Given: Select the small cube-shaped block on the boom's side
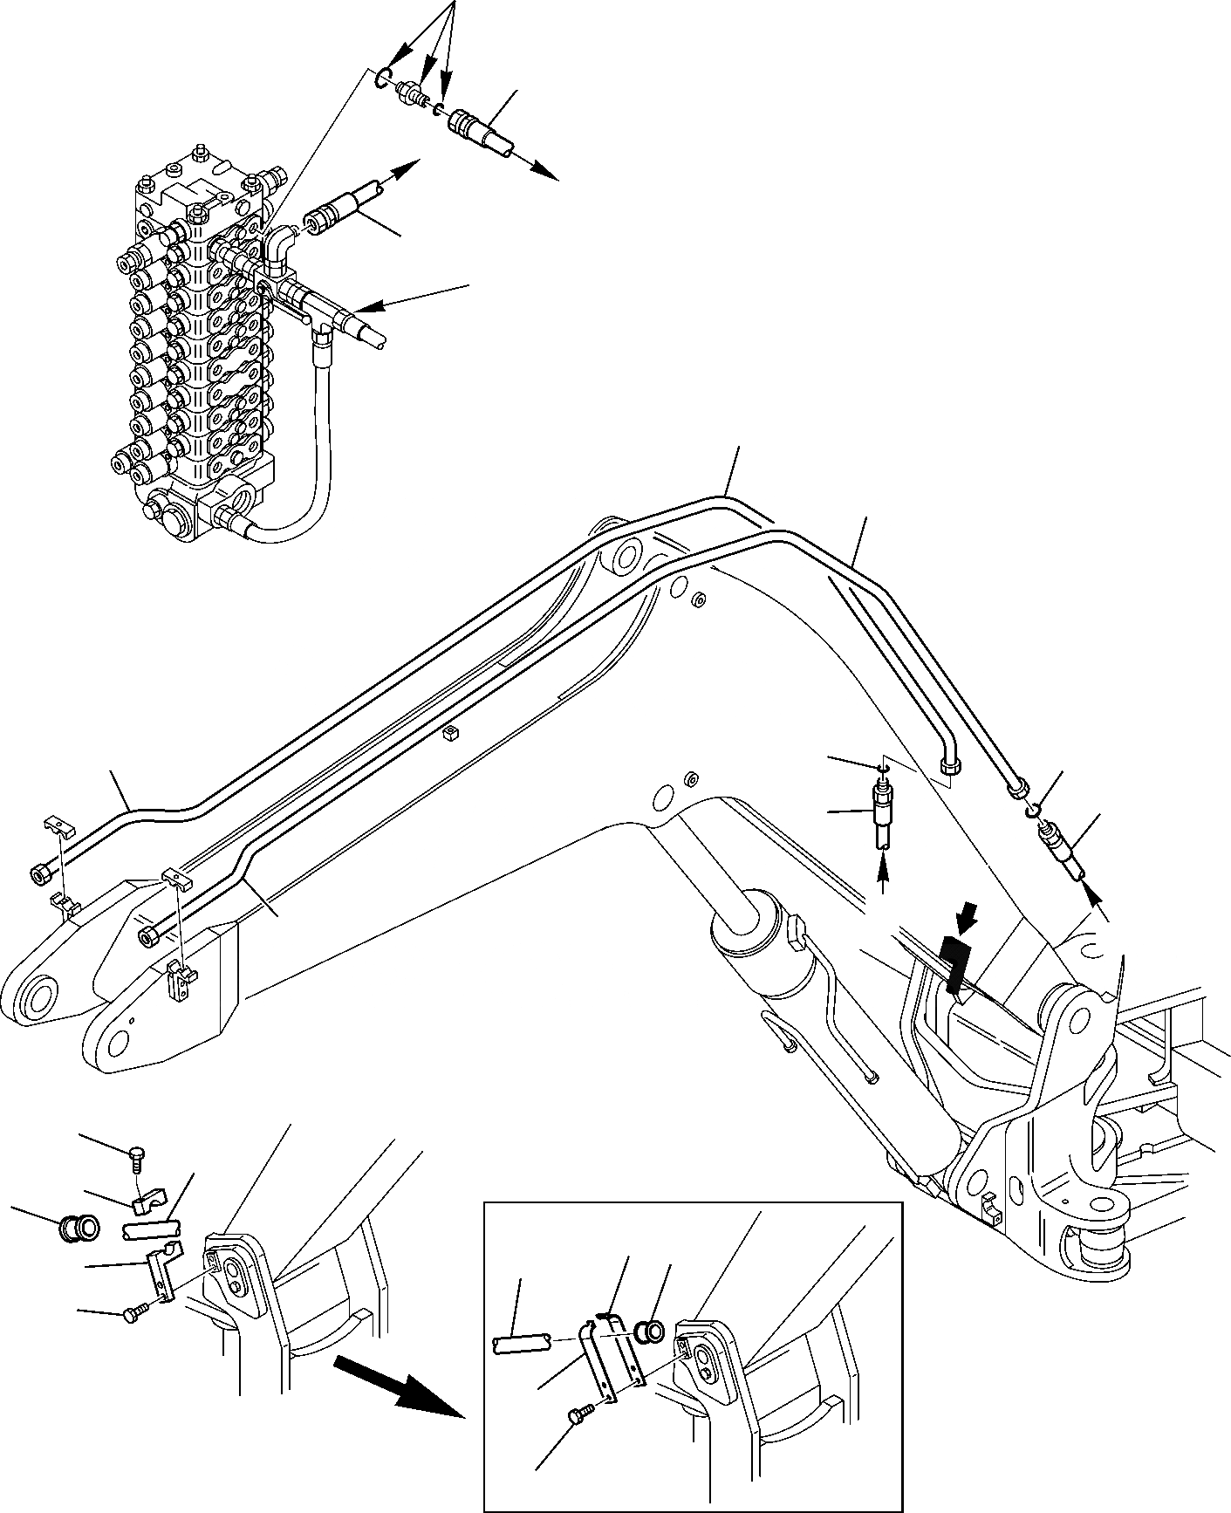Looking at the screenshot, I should coord(450,733).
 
